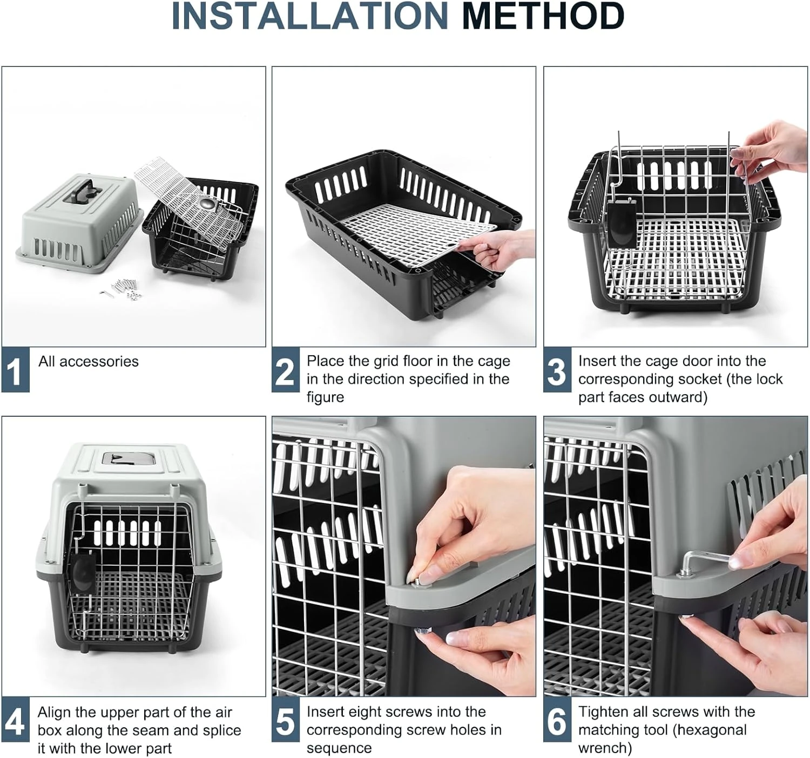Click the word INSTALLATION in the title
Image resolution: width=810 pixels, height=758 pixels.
pyautogui.click(x=309, y=16)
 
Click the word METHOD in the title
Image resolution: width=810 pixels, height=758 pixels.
pyautogui.click(x=543, y=16)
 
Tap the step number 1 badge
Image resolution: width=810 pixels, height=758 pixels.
pyautogui.click(x=15, y=371)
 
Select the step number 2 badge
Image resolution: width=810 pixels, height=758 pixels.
pyautogui.click(x=285, y=371)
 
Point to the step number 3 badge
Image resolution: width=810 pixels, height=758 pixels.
pyautogui.click(x=557, y=371)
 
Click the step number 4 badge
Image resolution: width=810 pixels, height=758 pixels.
pyautogui.click(x=15, y=722)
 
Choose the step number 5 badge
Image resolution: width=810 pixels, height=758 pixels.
pyautogui.click(x=285, y=722)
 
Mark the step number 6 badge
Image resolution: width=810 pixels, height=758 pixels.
pyautogui.click(x=557, y=722)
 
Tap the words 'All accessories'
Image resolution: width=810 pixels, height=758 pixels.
pyautogui.click(x=88, y=361)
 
